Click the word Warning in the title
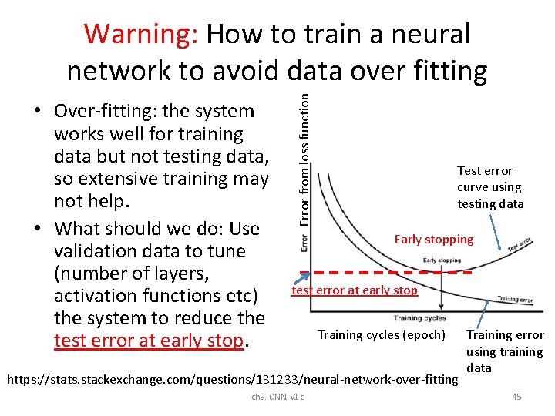(x=142, y=34)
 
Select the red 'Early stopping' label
(x=434, y=239)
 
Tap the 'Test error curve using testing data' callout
(x=490, y=187)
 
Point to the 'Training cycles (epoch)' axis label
(x=382, y=334)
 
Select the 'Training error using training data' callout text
(x=504, y=351)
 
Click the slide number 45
(x=516, y=397)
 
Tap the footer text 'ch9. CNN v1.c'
(x=277, y=397)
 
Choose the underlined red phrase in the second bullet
(x=148, y=341)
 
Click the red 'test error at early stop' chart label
(x=354, y=290)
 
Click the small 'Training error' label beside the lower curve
(x=513, y=299)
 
